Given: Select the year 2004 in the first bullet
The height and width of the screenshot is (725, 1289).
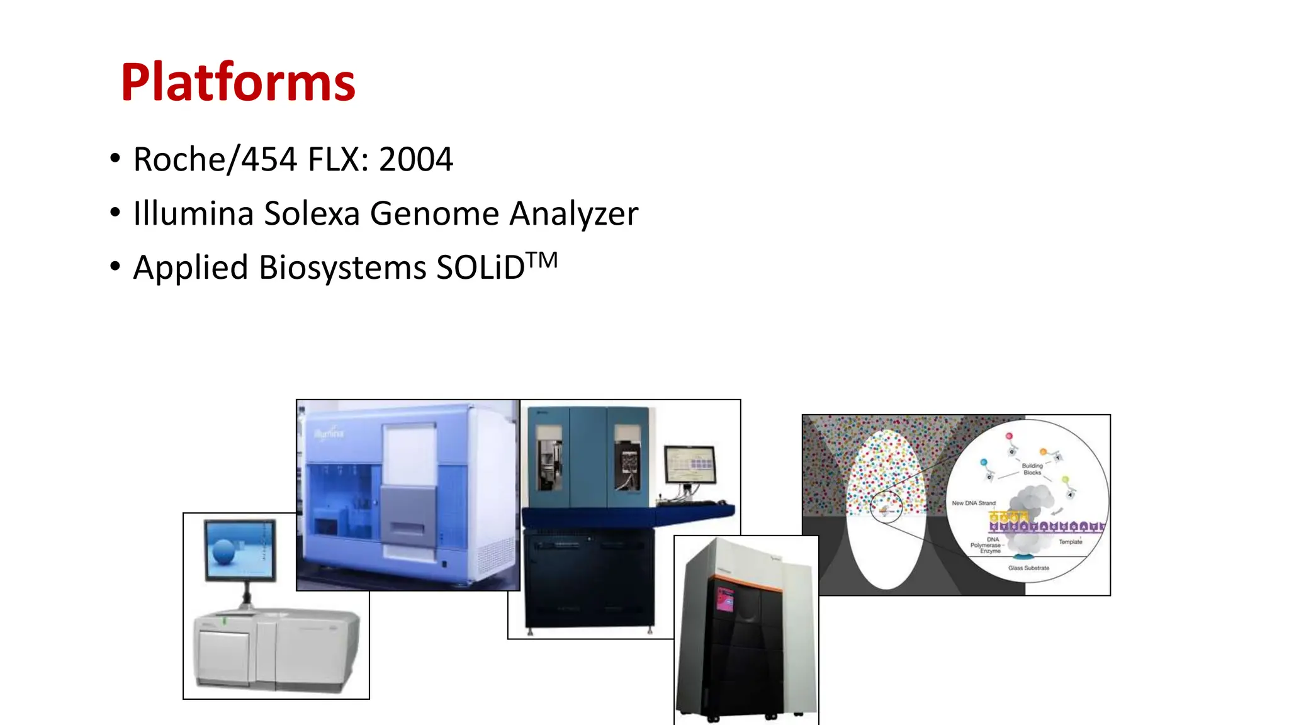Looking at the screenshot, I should (x=415, y=159).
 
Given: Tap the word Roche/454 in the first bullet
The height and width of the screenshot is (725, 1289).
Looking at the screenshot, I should (x=215, y=159).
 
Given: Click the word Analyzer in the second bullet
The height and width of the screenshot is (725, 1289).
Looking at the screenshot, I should (x=573, y=214).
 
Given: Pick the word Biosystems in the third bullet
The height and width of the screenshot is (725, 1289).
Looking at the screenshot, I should (x=342, y=267).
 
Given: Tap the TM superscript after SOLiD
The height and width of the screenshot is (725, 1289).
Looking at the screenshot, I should (x=542, y=260).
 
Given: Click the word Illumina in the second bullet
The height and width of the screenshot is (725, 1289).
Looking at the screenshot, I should (x=193, y=213).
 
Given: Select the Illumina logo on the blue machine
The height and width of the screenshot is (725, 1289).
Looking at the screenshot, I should (x=329, y=433).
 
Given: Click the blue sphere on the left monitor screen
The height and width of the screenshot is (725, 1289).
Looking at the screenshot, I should (x=224, y=552).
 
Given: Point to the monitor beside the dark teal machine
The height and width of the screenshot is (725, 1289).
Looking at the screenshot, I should (x=690, y=466).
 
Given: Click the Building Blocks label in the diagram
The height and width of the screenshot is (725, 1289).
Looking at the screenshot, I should (x=1032, y=469).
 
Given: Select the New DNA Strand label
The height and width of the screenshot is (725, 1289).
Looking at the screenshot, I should (x=973, y=503).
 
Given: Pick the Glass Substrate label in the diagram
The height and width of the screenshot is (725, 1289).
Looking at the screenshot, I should (x=1028, y=568).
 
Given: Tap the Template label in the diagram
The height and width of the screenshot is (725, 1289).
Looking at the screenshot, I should (x=1070, y=542).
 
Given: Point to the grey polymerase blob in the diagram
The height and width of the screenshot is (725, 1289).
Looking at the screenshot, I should (x=1032, y=503).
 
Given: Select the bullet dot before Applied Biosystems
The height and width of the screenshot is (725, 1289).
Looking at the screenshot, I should (x=115, y=267).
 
